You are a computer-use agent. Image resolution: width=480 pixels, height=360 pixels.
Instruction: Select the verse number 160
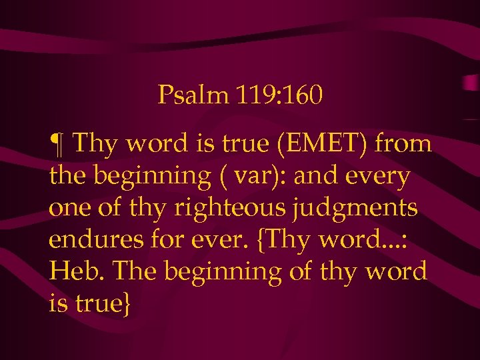click(303, 96)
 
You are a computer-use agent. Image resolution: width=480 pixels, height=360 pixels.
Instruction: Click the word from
click(405, 143)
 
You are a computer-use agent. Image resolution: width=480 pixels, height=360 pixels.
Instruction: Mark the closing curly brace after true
click(127, 304)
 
